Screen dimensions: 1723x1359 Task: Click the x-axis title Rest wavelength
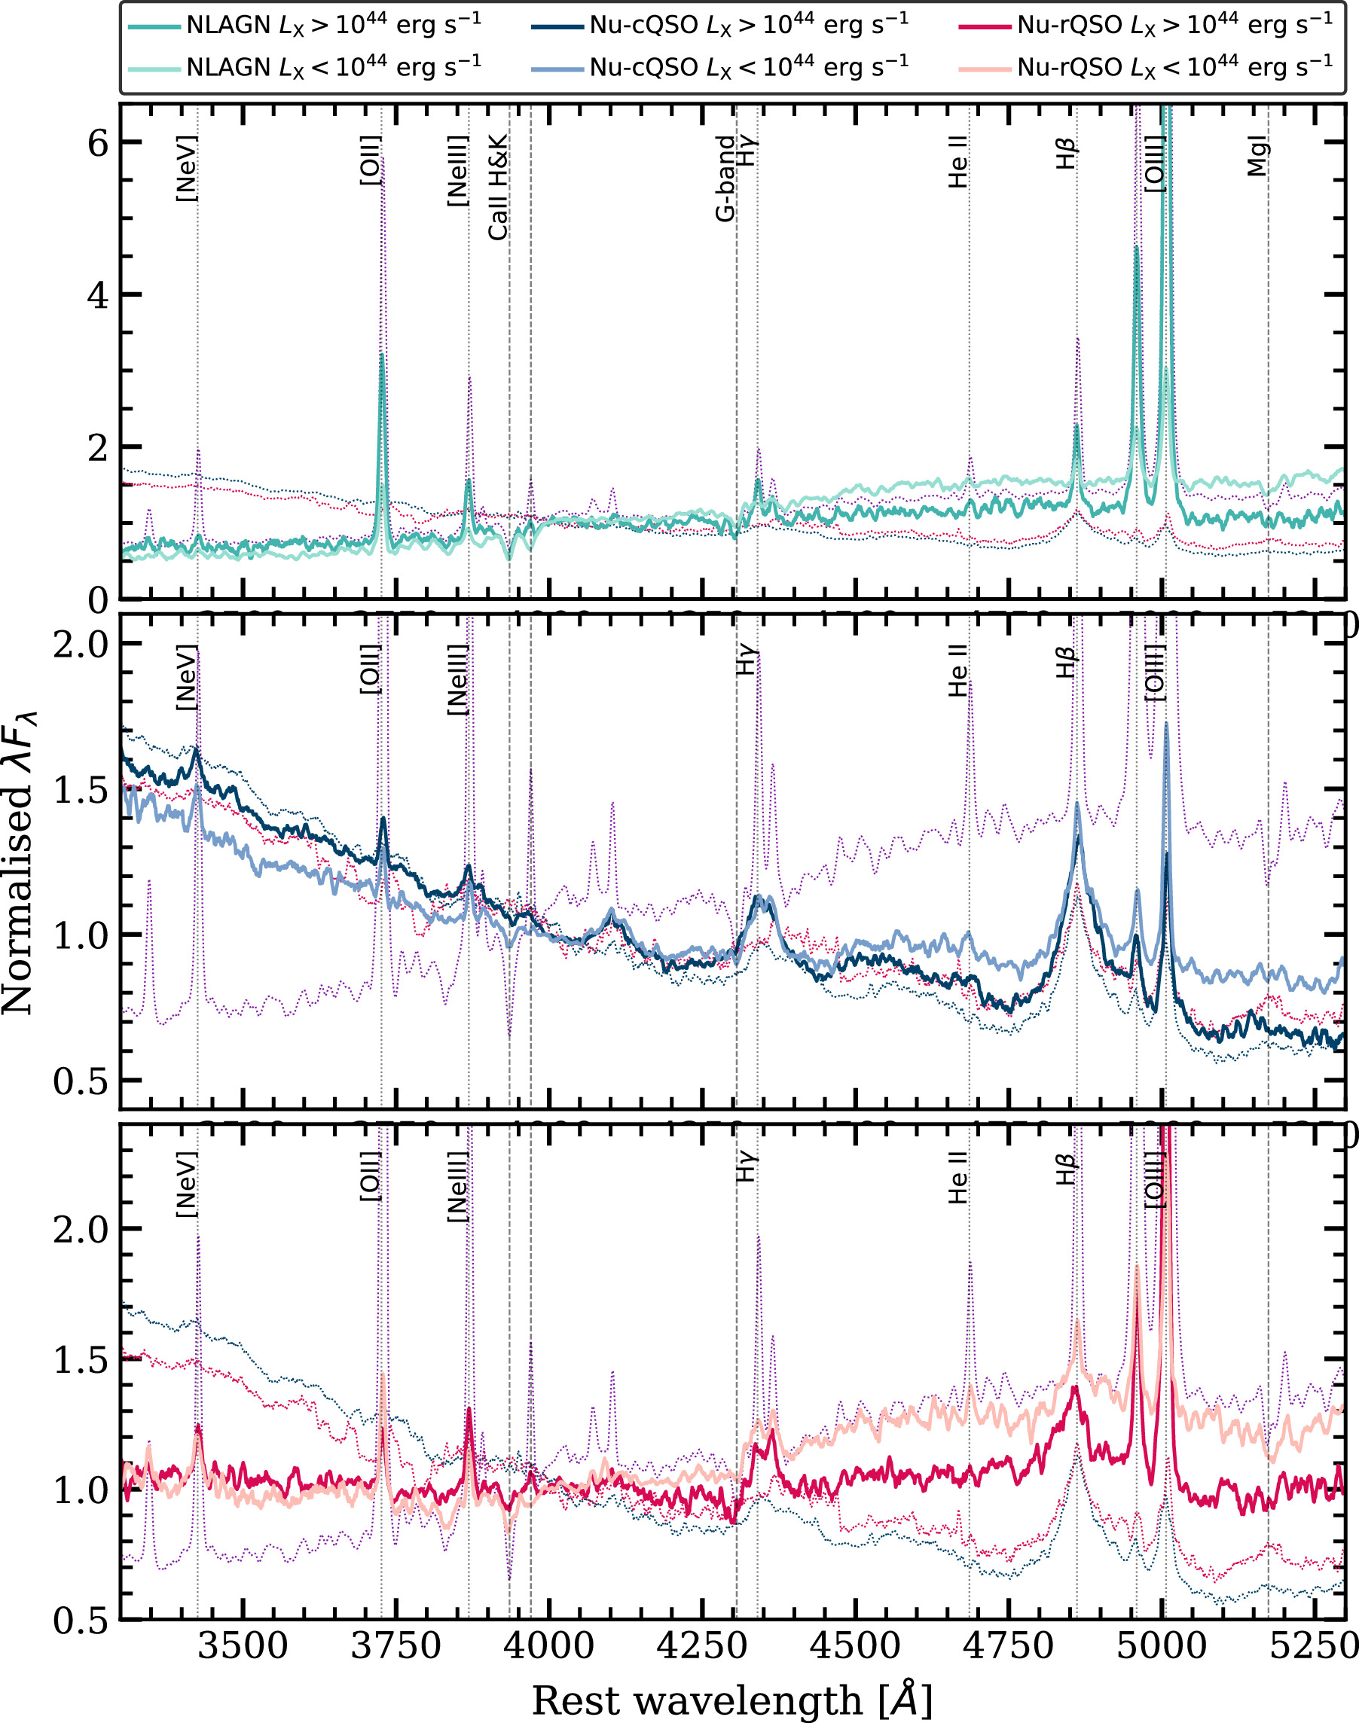[732, 1700]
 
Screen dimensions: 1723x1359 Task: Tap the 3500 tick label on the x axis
[243, 1644]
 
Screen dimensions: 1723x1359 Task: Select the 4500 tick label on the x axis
[854, 1644]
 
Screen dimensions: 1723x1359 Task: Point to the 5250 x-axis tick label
[1313, 1644]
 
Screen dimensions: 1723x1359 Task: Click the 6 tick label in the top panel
[98, 144]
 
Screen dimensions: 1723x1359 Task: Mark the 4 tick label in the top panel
[98, 296]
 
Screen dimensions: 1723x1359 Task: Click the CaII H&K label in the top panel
[498, 188]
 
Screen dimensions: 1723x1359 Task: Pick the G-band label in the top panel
[725, 178]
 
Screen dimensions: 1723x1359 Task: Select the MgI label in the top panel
[1257, 156]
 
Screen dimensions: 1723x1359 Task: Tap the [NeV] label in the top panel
[185, 169]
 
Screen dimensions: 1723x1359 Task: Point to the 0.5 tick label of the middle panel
[81, 1083]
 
